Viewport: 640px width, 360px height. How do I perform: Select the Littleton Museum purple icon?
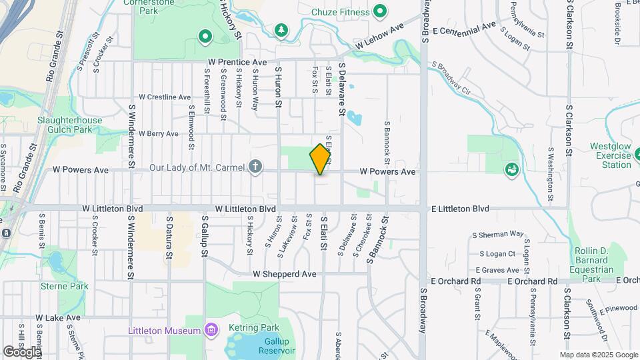pyautogui.click(x=212, y=330)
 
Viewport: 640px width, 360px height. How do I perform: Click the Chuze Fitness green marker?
pyautogui.click(x=380, y=11)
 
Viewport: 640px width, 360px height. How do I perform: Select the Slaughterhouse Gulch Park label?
pyautogui.click(x=70, y=125)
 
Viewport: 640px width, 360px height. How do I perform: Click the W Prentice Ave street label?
pyautogui.click(x=237, y=62)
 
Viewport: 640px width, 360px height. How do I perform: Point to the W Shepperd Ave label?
pyautogui.click(x=284, y=274)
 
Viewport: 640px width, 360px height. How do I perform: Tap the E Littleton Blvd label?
pyautogui.click(x=461, y=209)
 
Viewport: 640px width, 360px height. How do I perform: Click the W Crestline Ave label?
pyautogui.click(x=165, y=97)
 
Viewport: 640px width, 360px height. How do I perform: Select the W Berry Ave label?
pyautogui.click(x=159, y=133)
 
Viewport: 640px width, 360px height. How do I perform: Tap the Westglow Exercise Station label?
pyautogui.click(x=610, y=155)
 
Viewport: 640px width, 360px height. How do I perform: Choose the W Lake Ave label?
pyautogui.click(x=58, y=318)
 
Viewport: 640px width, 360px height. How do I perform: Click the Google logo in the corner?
pyautogui.click(x=22, y=351)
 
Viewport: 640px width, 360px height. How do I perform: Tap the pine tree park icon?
pyautogui.click(x=281, y=30)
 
